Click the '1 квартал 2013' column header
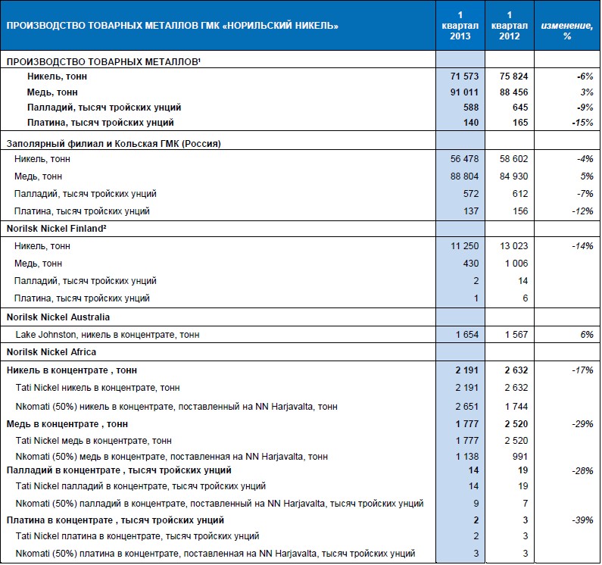460,26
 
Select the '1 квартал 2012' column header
510,26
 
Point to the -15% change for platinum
581,122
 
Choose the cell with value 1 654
465,334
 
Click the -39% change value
582,520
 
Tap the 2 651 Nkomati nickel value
466,407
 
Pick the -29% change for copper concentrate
582,423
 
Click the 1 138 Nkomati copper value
466,457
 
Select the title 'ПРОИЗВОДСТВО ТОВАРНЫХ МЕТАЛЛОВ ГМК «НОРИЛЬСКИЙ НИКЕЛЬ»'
173,27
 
